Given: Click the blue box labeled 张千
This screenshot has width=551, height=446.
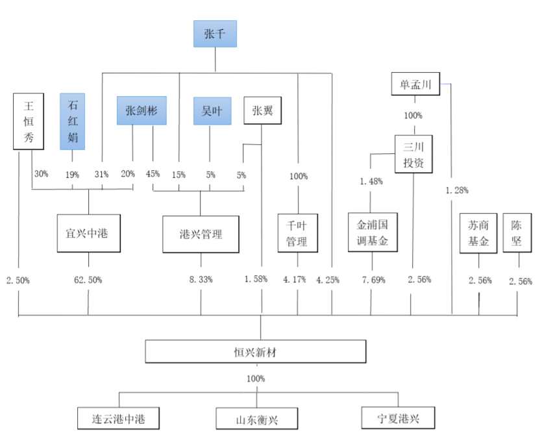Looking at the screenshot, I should [x=215, y=34].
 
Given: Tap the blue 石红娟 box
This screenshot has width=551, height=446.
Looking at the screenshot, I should [x=72, y=121].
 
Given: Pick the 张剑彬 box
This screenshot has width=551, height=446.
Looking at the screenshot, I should [x=141, y=110].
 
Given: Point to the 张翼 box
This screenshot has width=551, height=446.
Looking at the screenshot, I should [x=262, y=110].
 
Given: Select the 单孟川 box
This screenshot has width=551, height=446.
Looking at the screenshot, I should [x=415, y=84].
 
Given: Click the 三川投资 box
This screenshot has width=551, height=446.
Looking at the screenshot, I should [x=413, y=154].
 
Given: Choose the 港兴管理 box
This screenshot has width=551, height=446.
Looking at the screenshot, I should [x=201, y=234].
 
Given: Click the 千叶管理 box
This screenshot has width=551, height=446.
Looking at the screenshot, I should [x=297, y=232].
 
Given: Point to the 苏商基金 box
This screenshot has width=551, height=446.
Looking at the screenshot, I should [x=479, y=233].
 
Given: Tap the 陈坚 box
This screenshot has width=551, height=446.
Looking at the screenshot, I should [x=517, y=233].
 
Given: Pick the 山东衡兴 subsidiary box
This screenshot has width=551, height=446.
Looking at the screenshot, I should [x=256, y=418].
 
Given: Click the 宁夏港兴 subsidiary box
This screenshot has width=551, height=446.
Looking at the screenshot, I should [x=398, y=417].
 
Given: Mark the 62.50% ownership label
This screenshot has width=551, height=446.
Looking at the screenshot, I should [x=88, y=280].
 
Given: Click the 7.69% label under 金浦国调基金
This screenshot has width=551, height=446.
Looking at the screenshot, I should [x=372, y=280].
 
